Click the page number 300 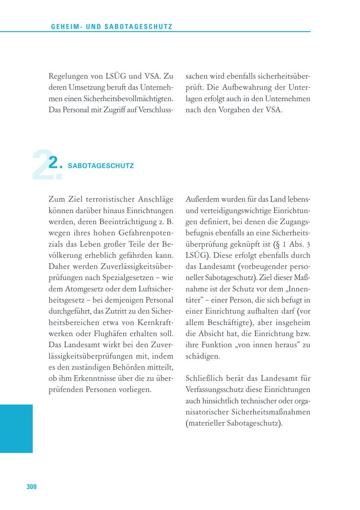[32, 486]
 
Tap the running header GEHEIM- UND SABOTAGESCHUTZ [112, 27]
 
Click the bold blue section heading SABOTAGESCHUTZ [101, 165]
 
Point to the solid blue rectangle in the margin [16, 428]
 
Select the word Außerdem [201, 199]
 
